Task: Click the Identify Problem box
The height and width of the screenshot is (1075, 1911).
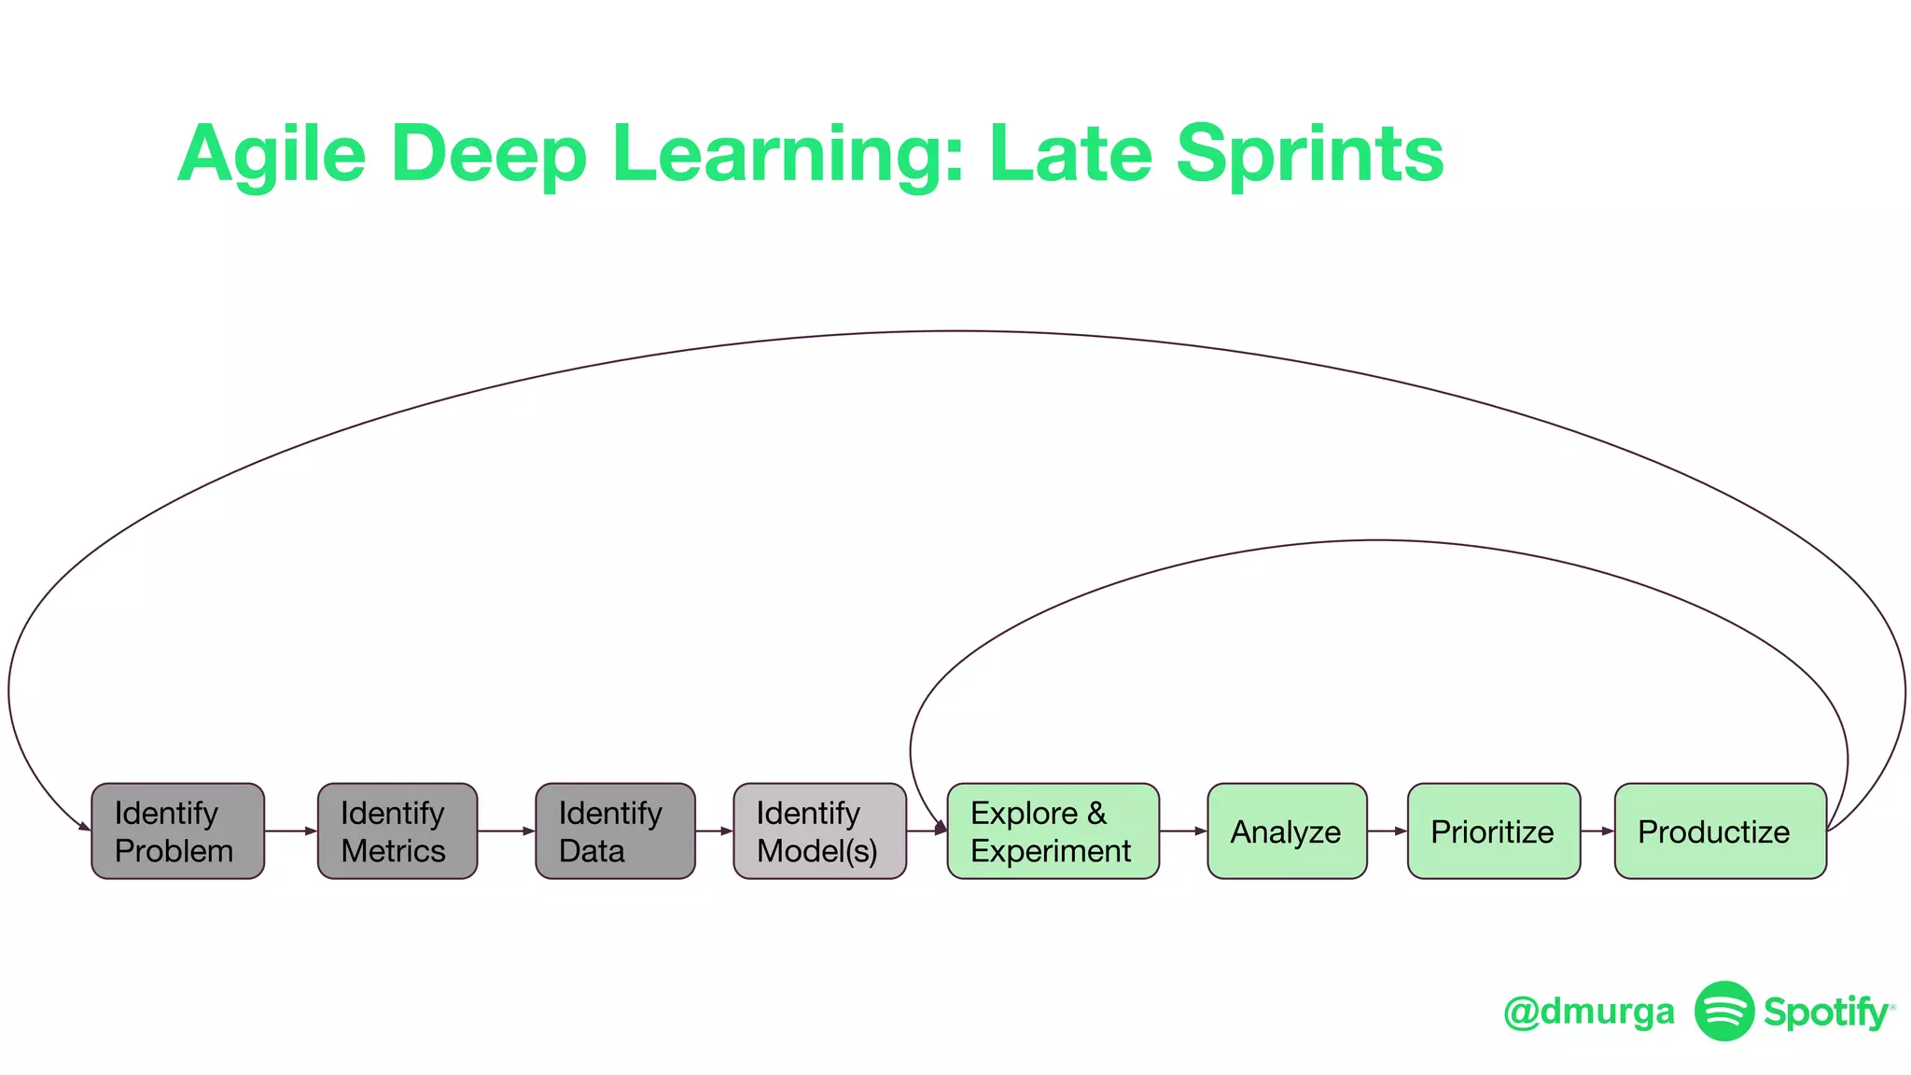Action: pos(177,831)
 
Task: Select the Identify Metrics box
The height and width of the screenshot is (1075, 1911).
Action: pos(397,831)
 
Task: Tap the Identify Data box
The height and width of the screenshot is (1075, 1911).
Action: pos(615,831)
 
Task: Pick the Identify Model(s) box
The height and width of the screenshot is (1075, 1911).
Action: pos(819,831)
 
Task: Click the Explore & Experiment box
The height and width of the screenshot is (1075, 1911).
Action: pos(1053,831)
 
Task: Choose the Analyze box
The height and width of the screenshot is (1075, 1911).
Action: pos(1287,831)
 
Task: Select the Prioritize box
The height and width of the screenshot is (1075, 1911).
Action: pos(1493,831)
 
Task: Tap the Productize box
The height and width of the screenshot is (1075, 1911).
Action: pos(1720,831)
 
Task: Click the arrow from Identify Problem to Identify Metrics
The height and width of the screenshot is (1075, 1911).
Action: pos(291,831)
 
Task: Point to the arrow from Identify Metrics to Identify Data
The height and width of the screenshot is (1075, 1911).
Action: pos(507,831)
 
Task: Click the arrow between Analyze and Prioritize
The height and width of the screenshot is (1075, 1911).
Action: pos(1388,831)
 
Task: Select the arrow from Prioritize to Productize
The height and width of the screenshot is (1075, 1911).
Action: pos(1597,831)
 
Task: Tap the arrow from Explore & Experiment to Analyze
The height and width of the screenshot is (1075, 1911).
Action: pos(1183,831)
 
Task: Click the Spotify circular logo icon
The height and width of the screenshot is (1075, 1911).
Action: pos(1723,1011)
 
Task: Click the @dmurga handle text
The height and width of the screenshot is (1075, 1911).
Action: pos(1588,1012)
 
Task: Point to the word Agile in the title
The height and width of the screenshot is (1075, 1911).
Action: pos(272,154)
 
